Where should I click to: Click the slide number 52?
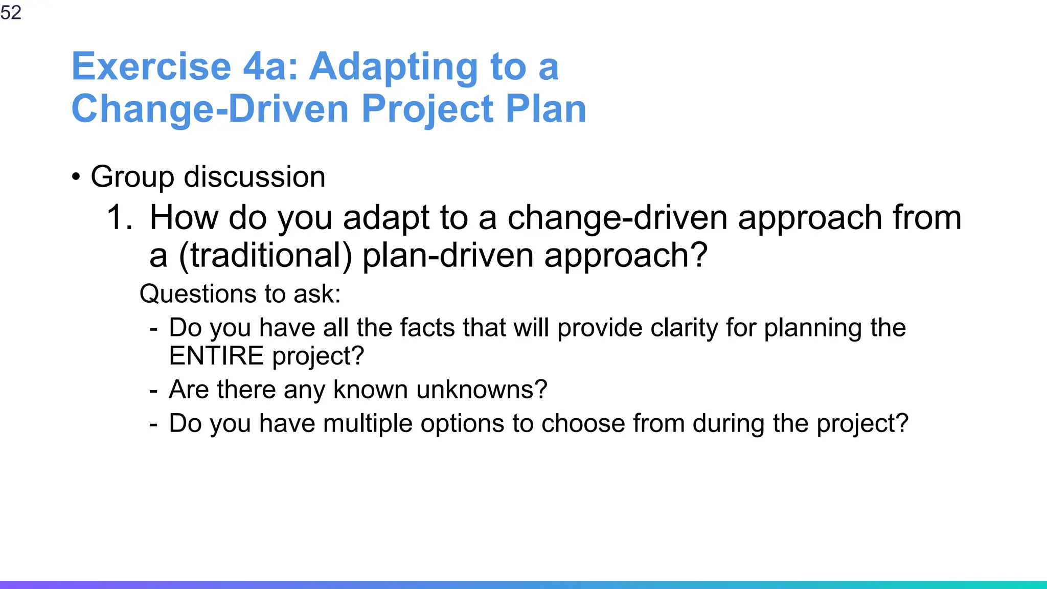pos(11,12)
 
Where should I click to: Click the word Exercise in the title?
pos(151,66)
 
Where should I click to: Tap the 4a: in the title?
pos(270,66)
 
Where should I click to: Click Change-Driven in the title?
pos(210,109)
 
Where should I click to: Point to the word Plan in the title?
pos(545,109)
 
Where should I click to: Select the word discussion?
pos(254,177)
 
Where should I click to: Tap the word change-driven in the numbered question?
pos(617,217)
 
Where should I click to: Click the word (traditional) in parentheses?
pos(265,255)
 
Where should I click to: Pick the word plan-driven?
pos(448,255)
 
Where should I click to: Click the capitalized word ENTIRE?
pos(216,356)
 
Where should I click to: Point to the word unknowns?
pos(482,390)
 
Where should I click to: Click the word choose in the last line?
pos(583,423)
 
